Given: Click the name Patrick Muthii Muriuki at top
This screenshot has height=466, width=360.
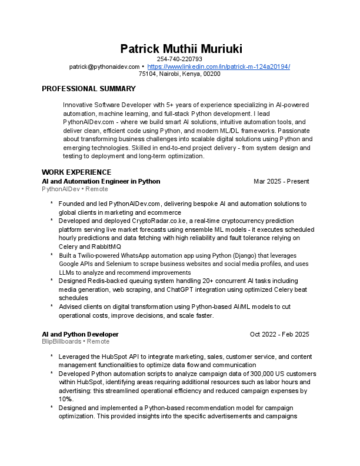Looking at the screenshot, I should click(180, 48).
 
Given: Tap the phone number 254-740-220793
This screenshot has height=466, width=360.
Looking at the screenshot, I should click(180, 59).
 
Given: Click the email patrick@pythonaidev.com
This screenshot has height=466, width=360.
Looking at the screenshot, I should click(104, 67).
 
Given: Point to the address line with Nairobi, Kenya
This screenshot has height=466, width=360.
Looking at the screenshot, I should click(180, 74).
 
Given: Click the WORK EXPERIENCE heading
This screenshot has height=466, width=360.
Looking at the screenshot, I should click(76, 172).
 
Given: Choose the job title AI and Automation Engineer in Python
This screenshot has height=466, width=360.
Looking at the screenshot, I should click(101, 181).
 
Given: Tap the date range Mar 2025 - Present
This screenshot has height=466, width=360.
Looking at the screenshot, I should click(281, 181).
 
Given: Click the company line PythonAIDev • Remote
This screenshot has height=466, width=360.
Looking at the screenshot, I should click(75, 189).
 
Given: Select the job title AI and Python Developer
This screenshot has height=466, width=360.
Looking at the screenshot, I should click(80, 334).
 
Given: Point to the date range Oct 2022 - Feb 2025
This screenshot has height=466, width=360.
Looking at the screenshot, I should click(279, 334).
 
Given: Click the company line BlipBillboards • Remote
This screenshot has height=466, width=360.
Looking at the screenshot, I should click(75, 342).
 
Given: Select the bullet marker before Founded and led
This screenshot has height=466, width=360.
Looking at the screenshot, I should click(52, 204).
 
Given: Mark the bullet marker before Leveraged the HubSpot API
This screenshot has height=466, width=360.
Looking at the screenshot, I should click(52, 357).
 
